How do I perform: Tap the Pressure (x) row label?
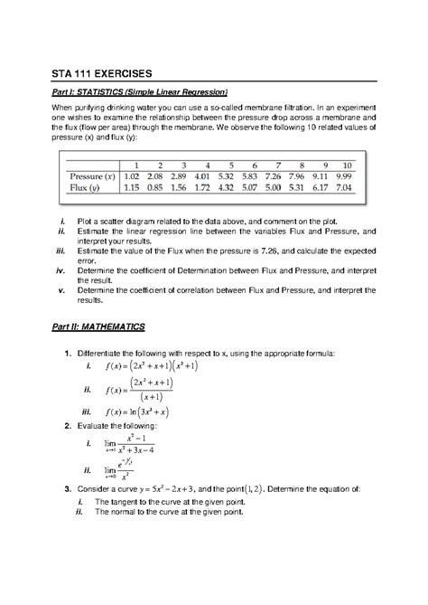pyautogui.click(x=95, y=175)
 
